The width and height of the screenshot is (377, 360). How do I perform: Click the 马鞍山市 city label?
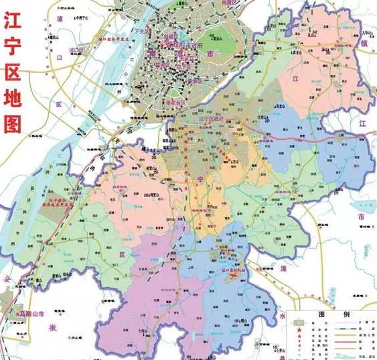[31, 313]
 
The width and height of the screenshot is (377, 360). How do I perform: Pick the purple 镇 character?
[364, 43]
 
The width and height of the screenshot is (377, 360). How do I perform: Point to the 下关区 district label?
[141, 32]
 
